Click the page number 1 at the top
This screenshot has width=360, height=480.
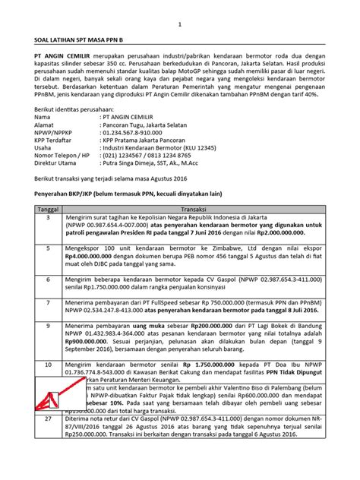click(x=181, y=24)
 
